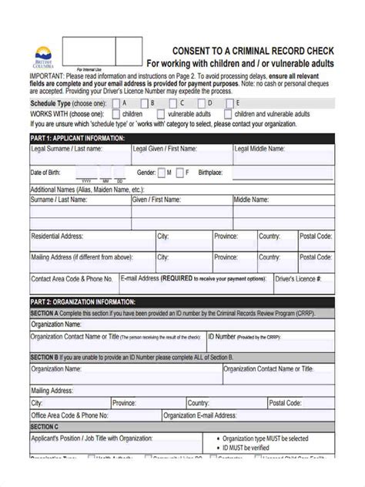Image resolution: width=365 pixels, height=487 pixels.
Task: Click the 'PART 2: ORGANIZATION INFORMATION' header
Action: pyautogui.click(x=82, y=302)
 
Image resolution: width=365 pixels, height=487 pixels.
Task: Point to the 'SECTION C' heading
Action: pyautogui.click(x=44, y=425)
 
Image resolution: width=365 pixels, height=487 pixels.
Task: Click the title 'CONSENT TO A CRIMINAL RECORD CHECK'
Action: pyautogui.click(x=239, y=49)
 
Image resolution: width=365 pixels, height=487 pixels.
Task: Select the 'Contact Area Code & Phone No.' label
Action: pyautogui.click(x=72, y=279)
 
